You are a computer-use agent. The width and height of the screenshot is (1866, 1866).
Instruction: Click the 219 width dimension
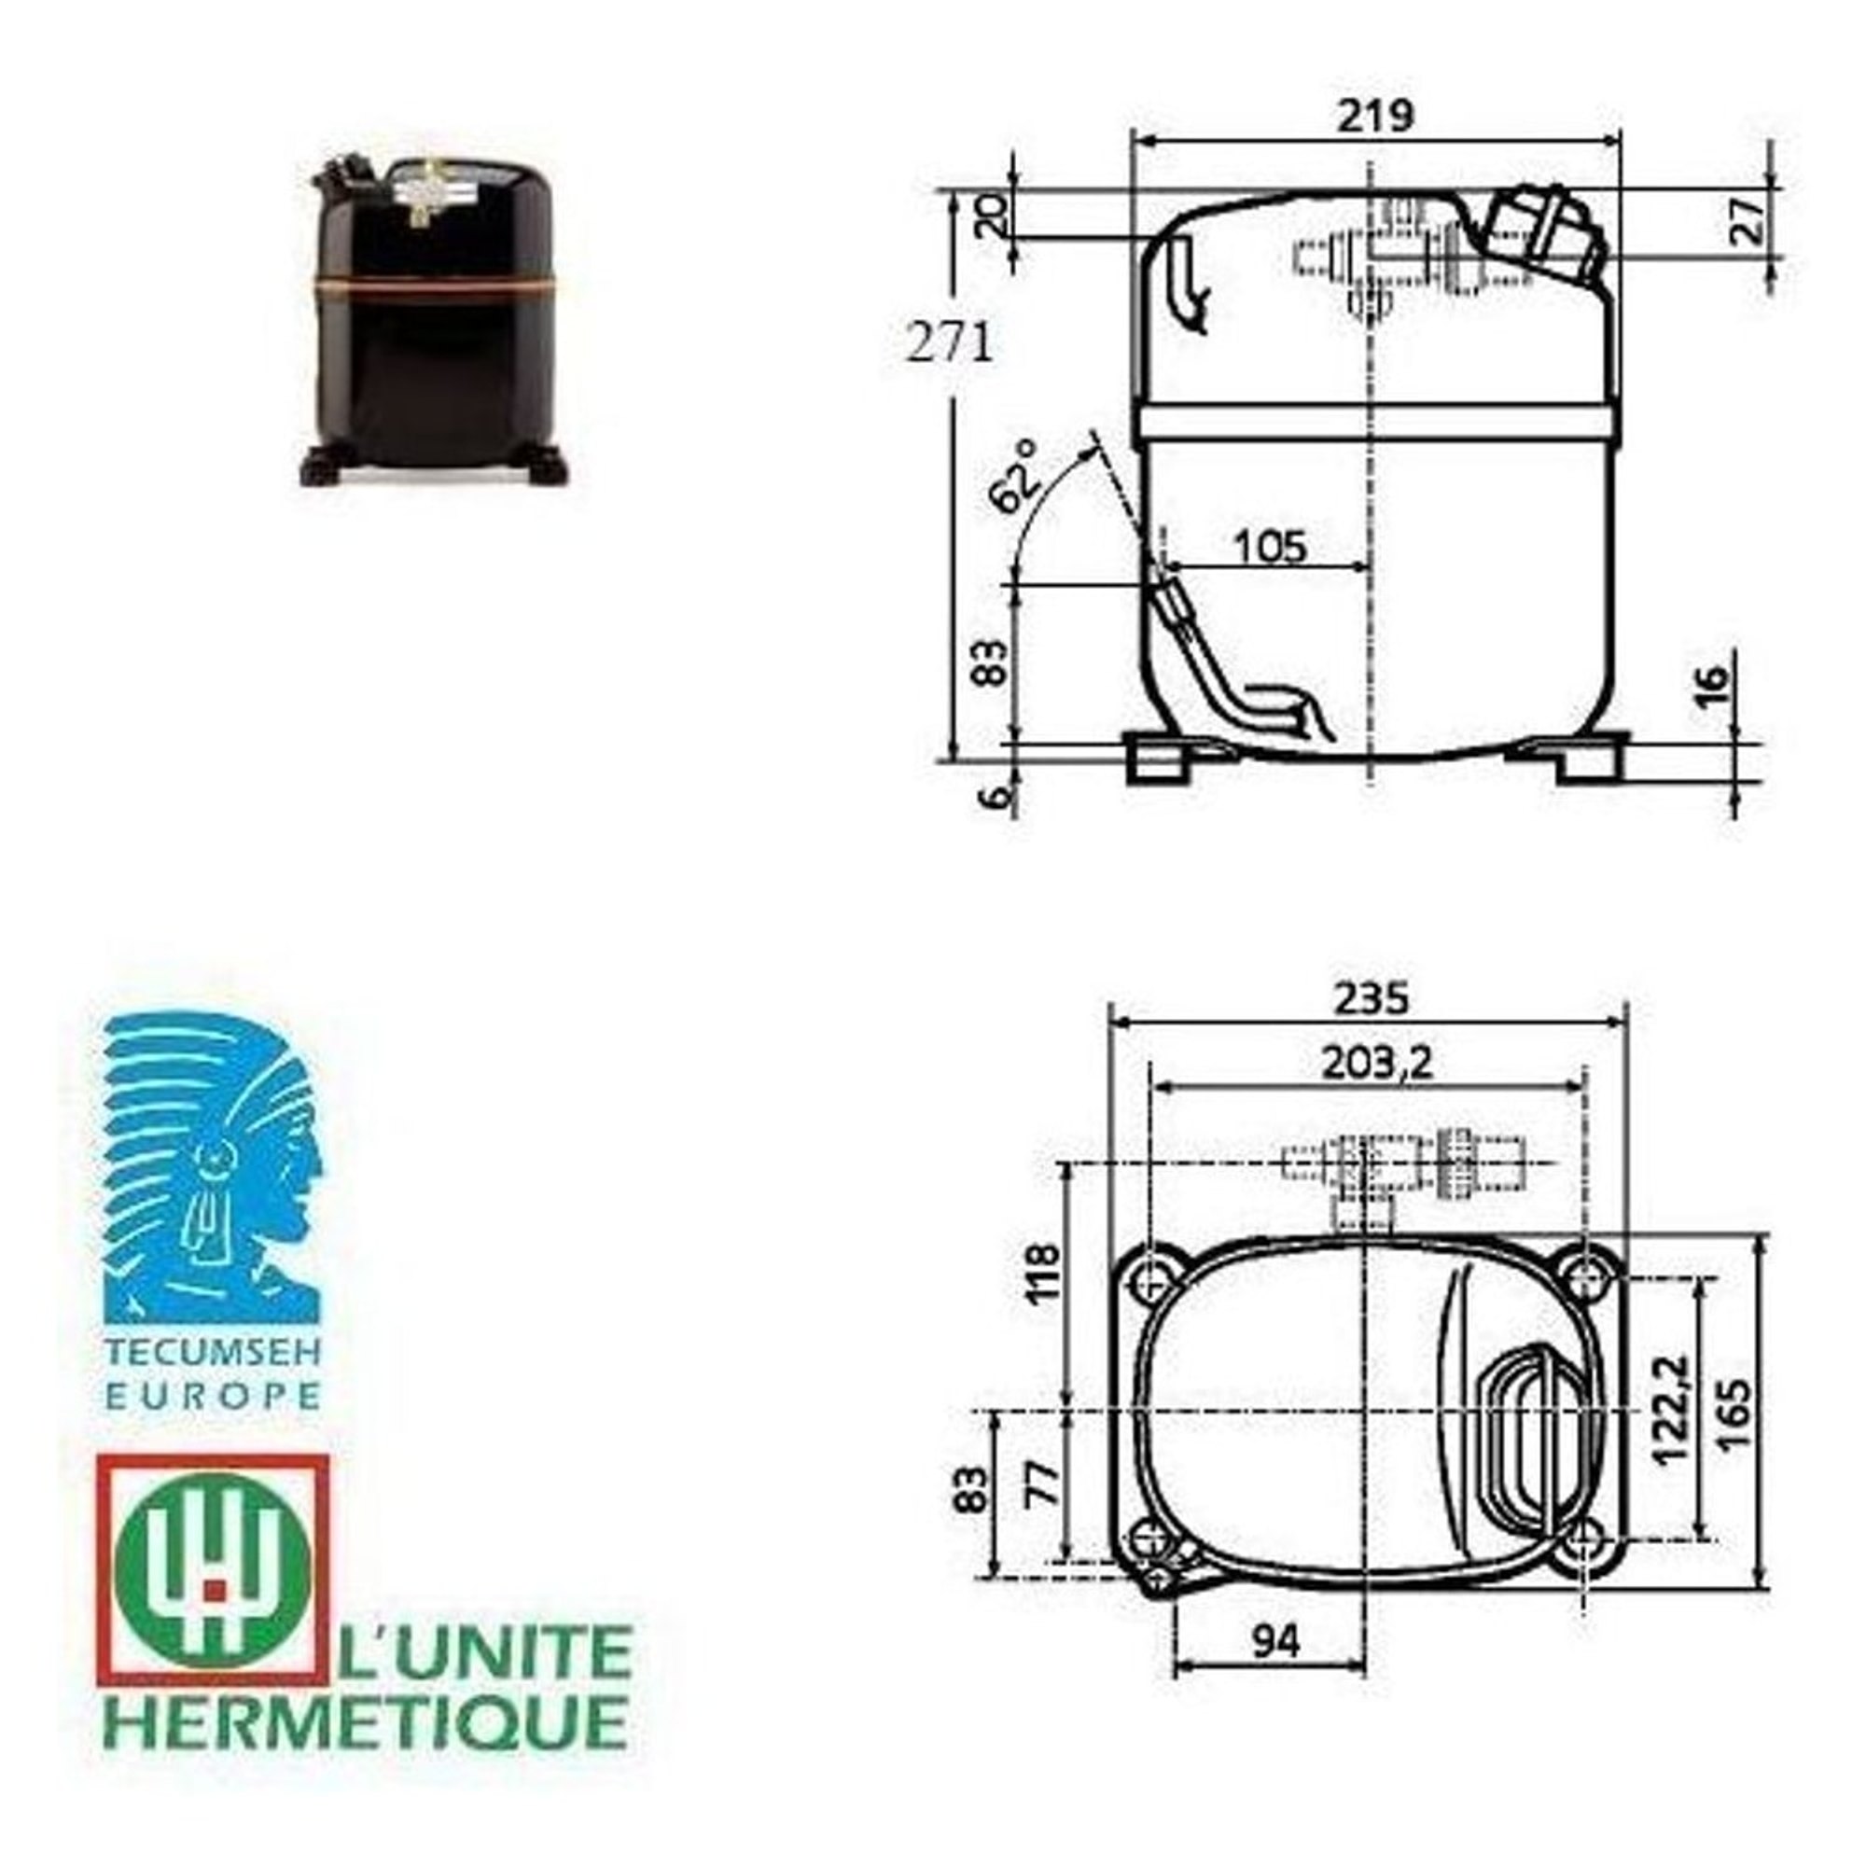point(1374,116)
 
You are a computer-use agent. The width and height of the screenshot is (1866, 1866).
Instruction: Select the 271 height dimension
point(951,342)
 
